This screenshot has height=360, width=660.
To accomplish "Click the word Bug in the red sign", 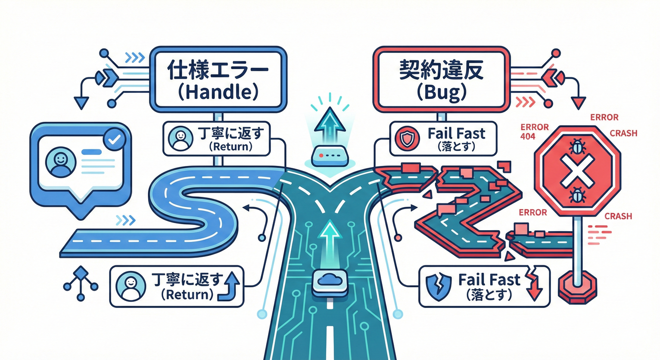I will coord(441,92).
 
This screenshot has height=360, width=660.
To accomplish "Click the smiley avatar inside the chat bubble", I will coord(60,161).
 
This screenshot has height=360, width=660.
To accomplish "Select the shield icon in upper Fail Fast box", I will coord(405,138).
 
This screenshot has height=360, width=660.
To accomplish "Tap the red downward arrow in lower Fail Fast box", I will coord(533,284).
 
